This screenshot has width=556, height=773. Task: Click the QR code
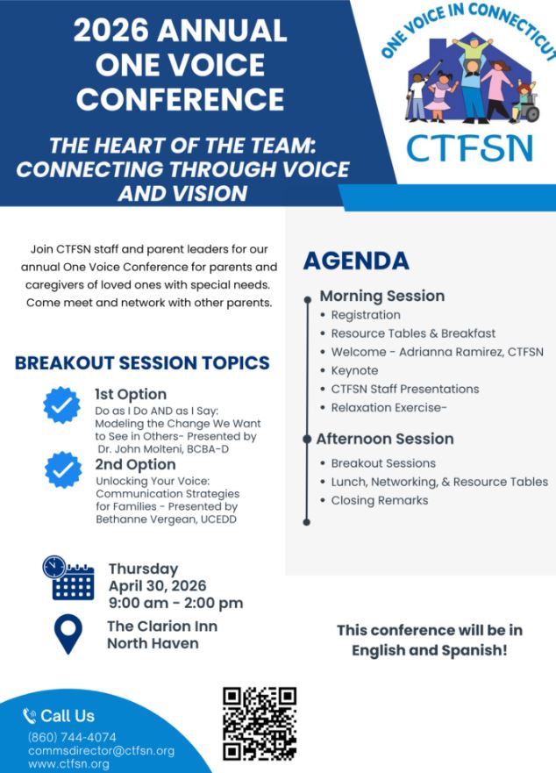pos(260,724)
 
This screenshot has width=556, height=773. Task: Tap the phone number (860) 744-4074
pos(73,737)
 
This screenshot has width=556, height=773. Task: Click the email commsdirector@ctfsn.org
pos(102,751)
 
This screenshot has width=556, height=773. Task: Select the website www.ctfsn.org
pos(68,764)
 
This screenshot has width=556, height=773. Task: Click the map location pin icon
pos(68,634)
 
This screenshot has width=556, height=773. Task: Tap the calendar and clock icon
pos(68,578)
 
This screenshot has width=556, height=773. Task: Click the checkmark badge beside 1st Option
pos(61,405)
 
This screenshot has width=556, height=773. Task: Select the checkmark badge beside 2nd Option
pos(63,469)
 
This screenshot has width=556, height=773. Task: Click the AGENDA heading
pos(356,261)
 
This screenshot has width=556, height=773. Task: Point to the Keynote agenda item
pos(354,371)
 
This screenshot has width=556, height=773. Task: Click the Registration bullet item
pos(366,315)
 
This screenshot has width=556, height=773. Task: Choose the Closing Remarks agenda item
pos(380,500)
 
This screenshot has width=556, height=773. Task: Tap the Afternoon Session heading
pos(385,439)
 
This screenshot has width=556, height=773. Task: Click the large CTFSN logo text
pos(470,148)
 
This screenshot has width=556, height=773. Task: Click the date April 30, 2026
pos(157,585)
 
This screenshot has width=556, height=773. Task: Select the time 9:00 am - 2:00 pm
pos(176,603)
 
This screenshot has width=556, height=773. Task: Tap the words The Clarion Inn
pos(162,626)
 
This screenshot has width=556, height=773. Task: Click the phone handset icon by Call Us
pos(30,716)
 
